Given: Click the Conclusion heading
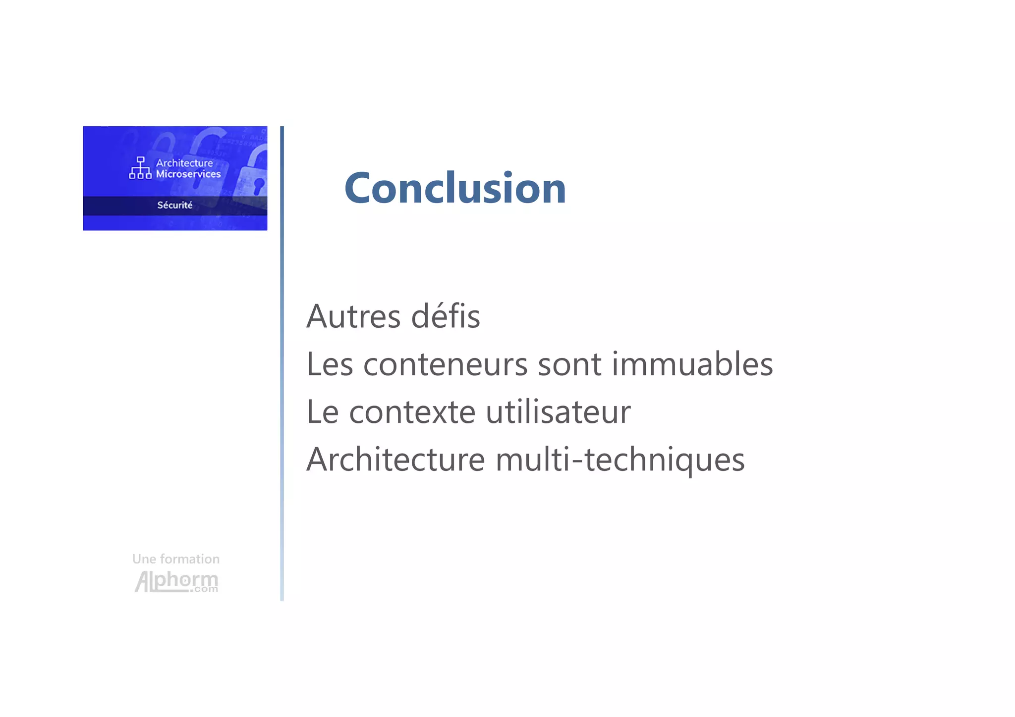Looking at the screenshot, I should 455,188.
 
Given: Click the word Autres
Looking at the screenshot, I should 353,316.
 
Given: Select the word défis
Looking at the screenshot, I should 446,316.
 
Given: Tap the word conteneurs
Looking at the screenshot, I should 445,364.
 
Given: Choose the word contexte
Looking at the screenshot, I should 412,412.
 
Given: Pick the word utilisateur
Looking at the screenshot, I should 558,412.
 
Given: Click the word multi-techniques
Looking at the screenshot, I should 620,460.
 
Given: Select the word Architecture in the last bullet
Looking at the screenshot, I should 395,460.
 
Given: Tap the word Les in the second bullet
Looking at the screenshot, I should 330,364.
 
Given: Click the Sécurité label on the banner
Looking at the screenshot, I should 175,205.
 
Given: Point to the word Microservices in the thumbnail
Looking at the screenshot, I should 188,174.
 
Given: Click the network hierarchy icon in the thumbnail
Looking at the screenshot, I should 140,168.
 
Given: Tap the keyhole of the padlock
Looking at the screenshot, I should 258,186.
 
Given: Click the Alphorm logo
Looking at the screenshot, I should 176,581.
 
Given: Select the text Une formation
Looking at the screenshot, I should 176,559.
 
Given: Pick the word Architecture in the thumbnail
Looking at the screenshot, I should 184,163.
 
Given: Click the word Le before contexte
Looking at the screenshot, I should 323,412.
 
